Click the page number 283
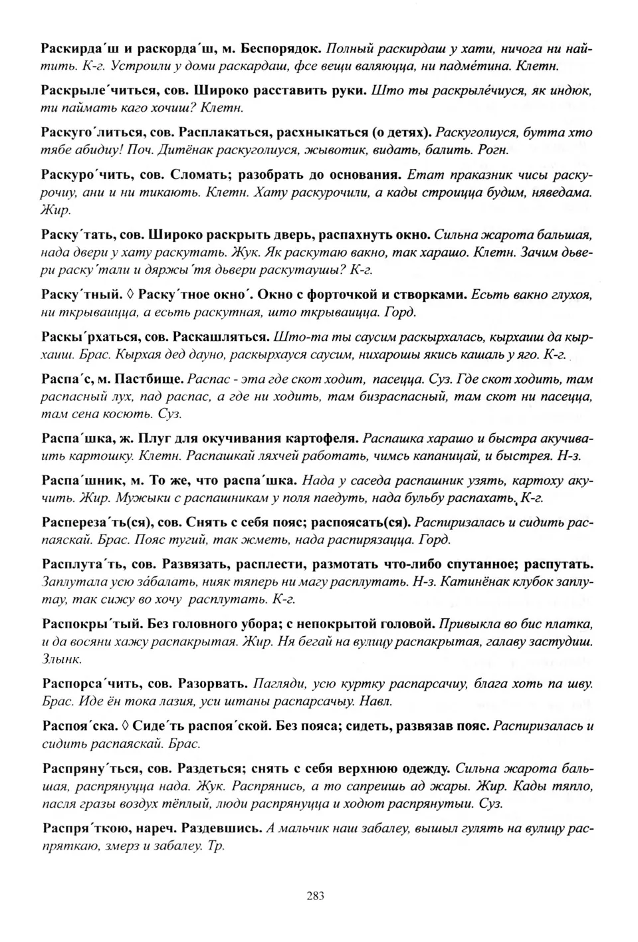[316, 895]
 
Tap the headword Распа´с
[67, 379]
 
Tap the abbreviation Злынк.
[61, 659]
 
